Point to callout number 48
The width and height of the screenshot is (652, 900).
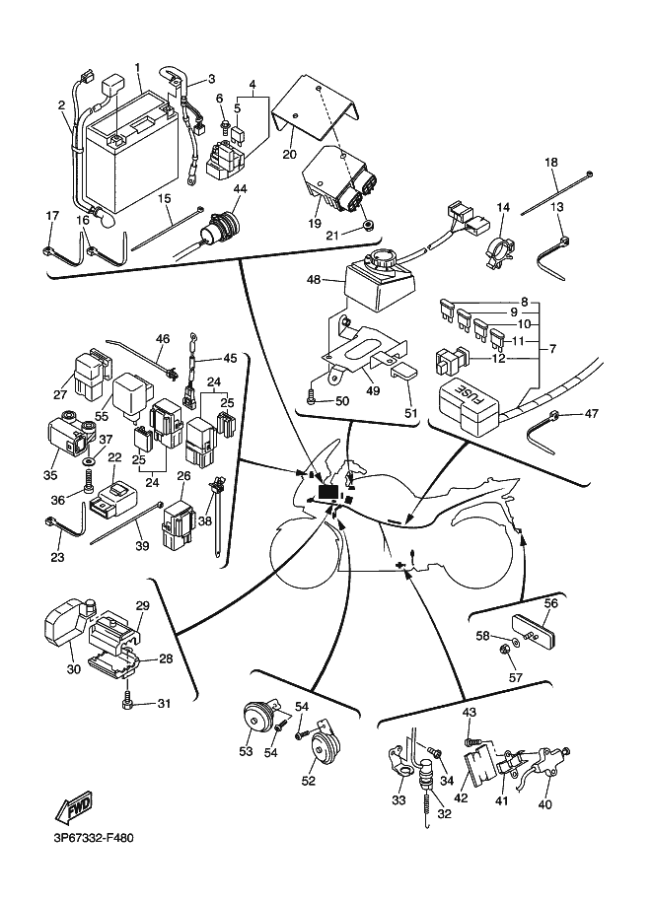(315, 280)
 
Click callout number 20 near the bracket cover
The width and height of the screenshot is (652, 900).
(289, 154)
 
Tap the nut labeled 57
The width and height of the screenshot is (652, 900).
(504, 650)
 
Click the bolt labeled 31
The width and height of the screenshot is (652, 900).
(128, 701)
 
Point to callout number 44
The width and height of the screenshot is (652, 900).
(241, 189)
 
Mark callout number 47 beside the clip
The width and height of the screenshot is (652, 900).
(591, 414)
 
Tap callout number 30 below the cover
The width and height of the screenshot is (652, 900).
(72, 669)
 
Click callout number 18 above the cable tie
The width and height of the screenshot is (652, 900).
(551, 162)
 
